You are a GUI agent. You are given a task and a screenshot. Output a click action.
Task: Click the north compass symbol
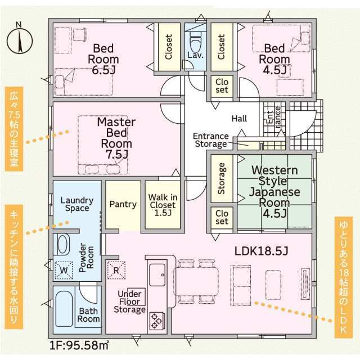point(19,40)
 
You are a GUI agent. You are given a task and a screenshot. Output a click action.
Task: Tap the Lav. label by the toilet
point(195,56)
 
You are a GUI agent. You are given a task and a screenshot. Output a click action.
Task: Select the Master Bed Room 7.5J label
point(115,137)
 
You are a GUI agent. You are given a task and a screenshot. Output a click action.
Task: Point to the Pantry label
point(123,204)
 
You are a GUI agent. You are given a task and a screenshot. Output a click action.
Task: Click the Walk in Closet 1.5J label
point(163,205)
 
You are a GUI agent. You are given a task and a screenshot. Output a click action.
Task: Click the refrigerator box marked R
point(116,269)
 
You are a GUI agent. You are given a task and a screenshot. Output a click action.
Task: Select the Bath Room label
point(89,314)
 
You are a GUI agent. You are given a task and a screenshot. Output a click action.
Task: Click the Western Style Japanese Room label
point(274,191)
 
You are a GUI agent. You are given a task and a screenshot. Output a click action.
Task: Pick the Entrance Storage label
point(211,140)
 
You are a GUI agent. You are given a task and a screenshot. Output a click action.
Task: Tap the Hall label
point(240,119)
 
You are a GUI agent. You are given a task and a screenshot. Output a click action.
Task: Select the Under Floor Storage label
point(130,301)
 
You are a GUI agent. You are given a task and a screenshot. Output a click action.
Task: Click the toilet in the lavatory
point(195,40)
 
